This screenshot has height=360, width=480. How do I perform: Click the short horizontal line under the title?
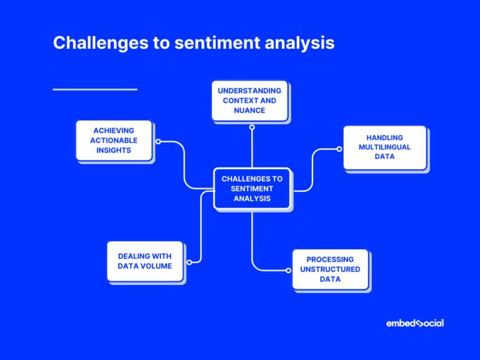pos(95,89)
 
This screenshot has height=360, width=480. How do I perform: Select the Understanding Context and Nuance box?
pos(249,101)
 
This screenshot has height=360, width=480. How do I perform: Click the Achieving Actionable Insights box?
pos(114,141)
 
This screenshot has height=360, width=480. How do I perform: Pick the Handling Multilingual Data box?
pos(384,147)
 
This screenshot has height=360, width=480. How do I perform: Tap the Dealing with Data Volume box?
pos(144,261)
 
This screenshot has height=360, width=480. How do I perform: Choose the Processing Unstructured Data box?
pos(330,269)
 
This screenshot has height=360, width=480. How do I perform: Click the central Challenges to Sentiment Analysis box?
pos(252,188)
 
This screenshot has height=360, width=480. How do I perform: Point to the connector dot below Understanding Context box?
pos(252,127)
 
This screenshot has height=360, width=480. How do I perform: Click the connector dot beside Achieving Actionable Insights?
pos(158,141)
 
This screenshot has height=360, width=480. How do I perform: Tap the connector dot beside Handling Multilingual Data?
pos(339,149)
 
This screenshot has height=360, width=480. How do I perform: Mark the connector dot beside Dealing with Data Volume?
pos(189,262)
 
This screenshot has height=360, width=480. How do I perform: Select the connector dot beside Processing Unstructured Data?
pos(288,271)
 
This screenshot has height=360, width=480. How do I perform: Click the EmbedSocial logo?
pos(415,323)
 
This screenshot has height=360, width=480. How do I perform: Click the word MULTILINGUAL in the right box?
pos(384,147)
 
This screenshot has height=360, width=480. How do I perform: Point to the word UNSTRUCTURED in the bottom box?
pos(330,269)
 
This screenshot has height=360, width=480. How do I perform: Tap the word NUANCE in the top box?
pos(249,111)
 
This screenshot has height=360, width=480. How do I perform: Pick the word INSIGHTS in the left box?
pos(114,151)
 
